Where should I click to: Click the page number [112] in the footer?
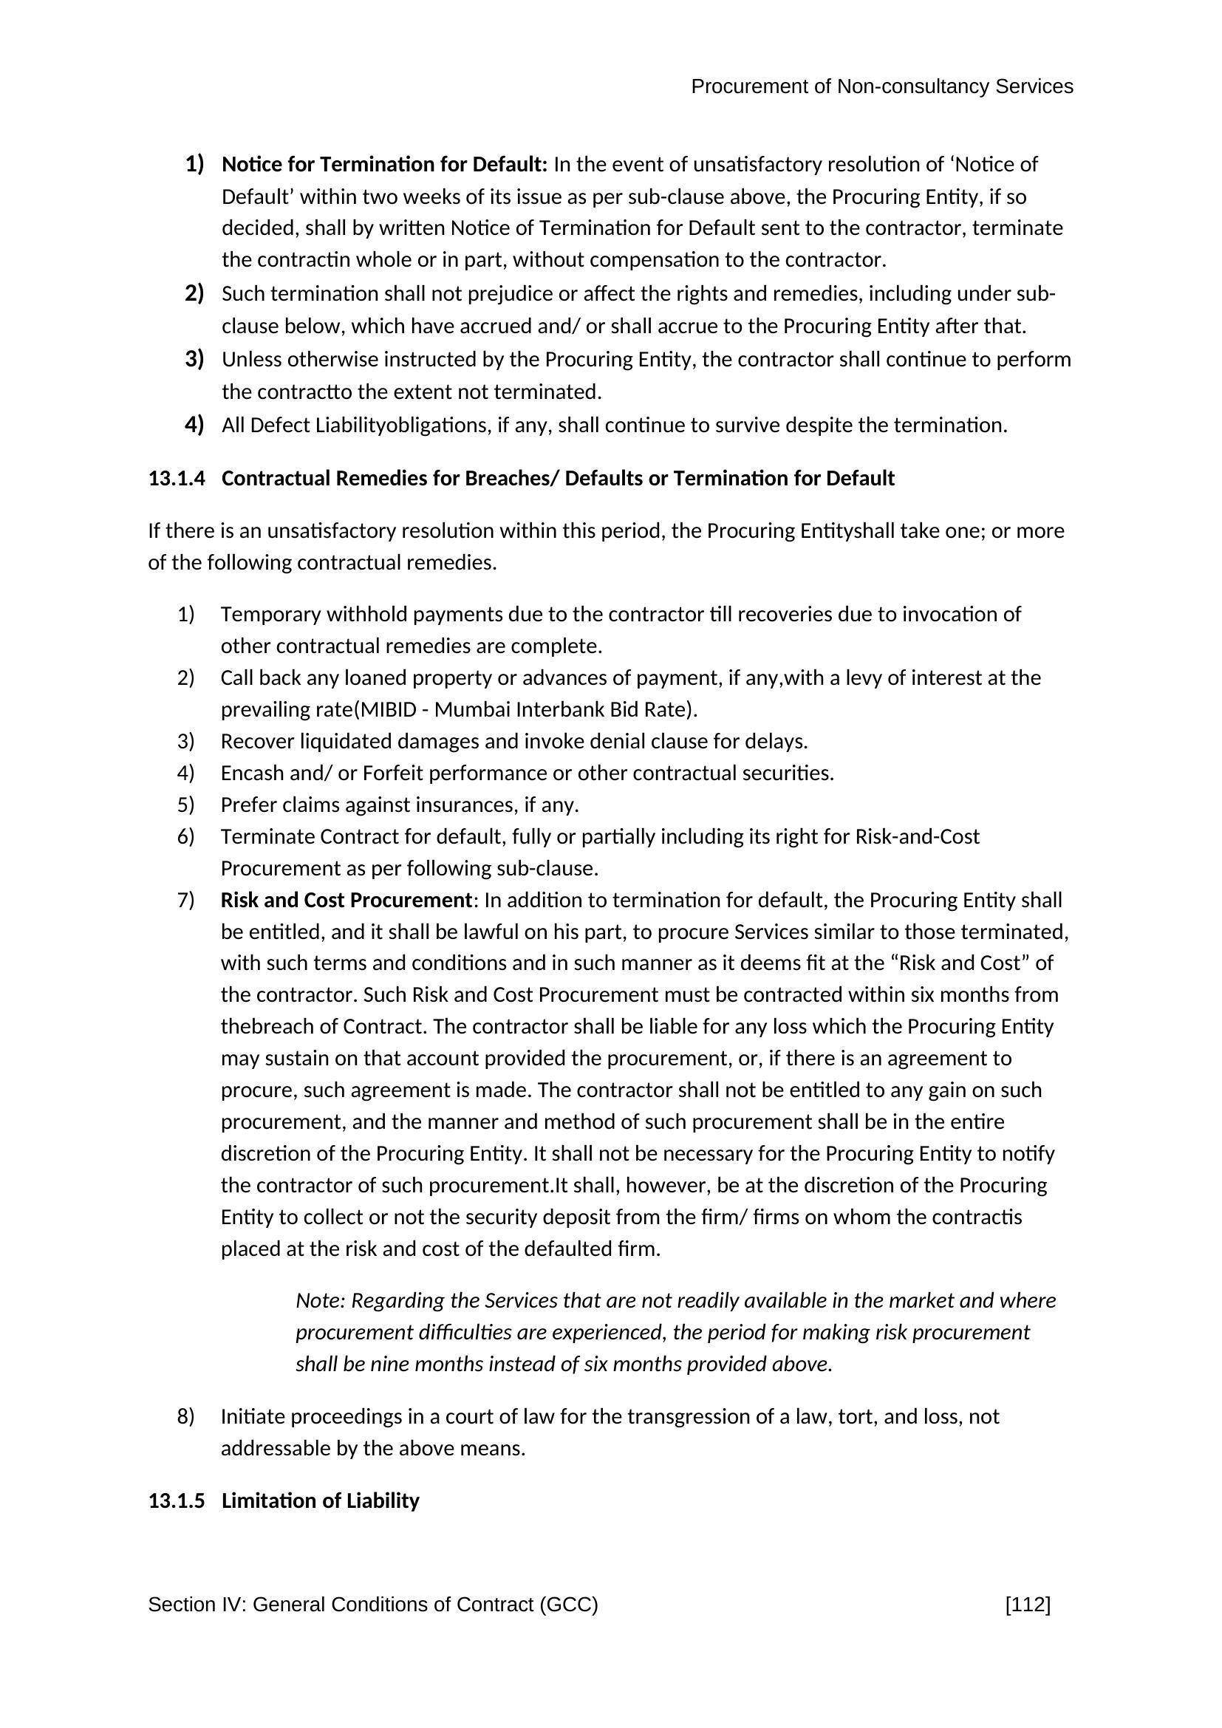(x=1027, y=1605)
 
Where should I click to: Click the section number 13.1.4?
(x=176, y=479)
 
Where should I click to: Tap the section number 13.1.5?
(x=176, y=1500)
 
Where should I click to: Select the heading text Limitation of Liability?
(x=320, y=1500)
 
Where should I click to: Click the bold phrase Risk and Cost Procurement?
(x=346, y=900)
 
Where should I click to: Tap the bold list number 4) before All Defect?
(x=194, y=426)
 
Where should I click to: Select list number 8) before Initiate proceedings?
(x=186, y=1416)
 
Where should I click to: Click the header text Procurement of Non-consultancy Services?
(x=882, y=86)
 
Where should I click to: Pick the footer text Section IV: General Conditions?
(x=372, y=1605)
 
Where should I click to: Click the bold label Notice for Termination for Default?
(x=384, y=164)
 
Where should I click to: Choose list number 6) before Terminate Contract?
(x=186, y=836)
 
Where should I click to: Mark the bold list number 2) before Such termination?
(x=194, y=293)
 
